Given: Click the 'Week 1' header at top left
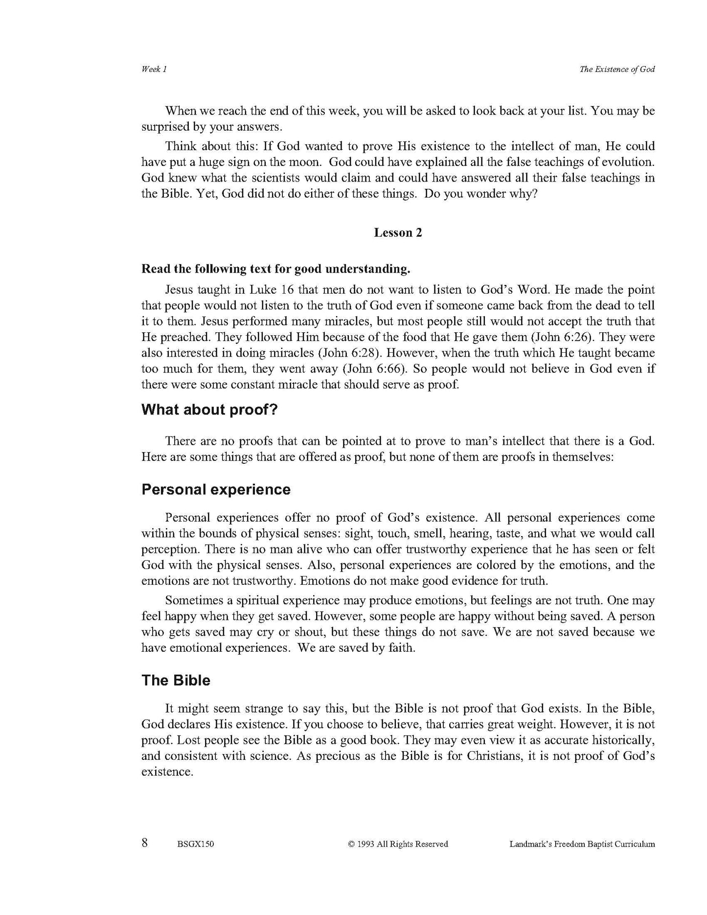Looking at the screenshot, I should [x=154, y=69].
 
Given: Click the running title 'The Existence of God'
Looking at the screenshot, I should [x=617, y=69].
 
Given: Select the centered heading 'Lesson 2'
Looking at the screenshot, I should [x=398, y=233].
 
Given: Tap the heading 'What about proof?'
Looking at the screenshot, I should [x=209, y=410].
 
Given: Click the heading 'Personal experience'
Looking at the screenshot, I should [x=216, y=490].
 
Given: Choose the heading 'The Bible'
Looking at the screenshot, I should [x=176, y=681].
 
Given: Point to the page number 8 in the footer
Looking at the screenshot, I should [x=145, y=843].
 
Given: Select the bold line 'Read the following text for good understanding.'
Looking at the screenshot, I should [x=275, y=269].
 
